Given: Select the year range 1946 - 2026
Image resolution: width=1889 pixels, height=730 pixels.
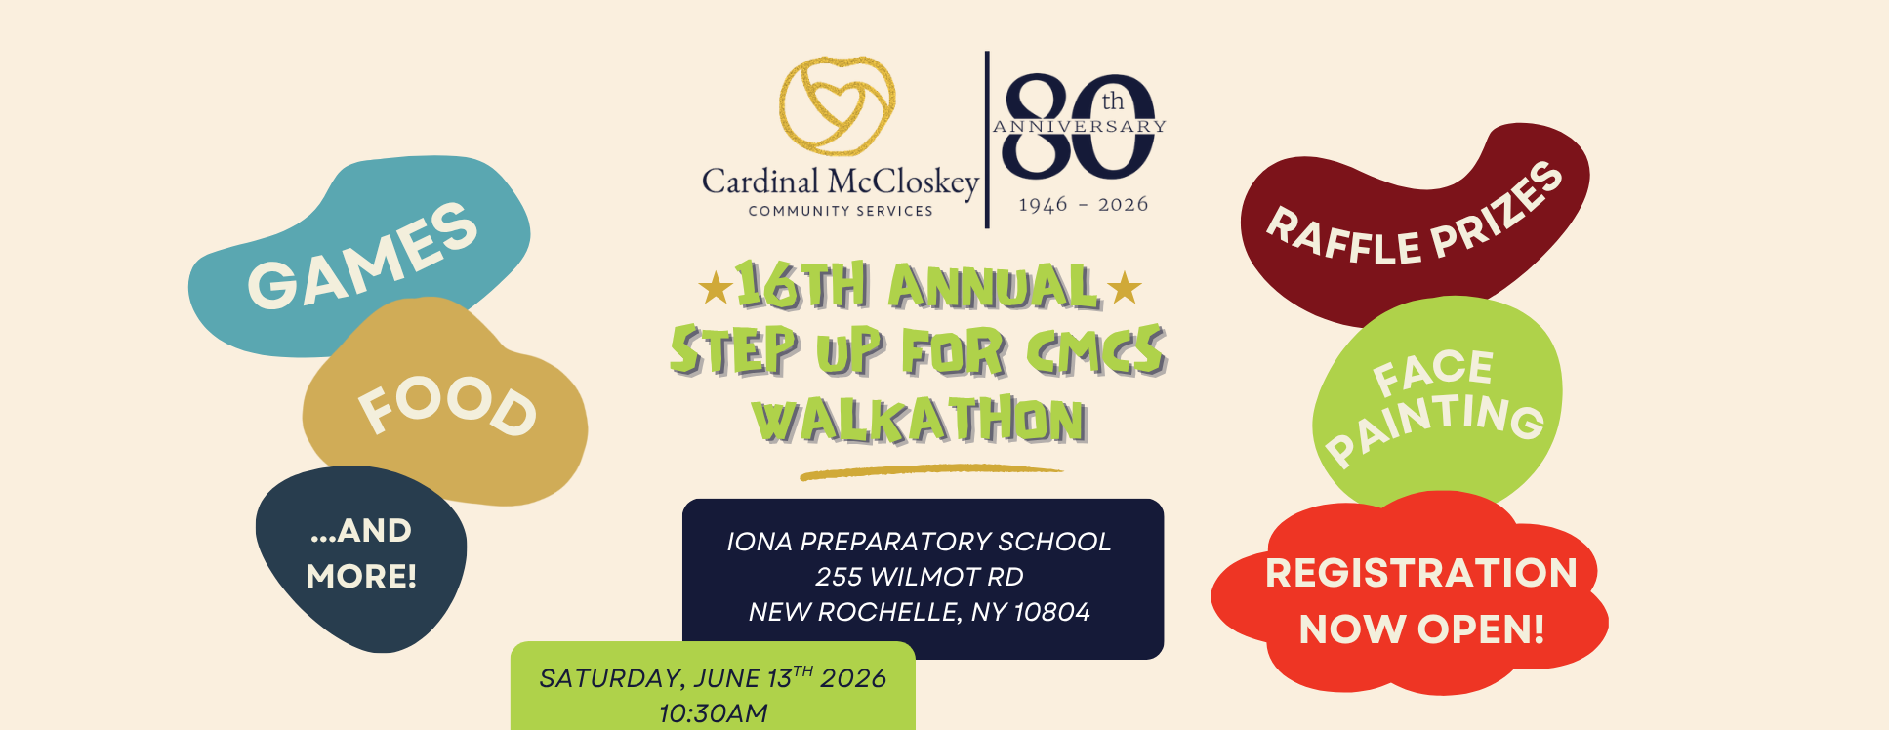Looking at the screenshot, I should point(1083,205).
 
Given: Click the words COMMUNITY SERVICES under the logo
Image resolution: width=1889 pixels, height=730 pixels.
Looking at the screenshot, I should point(841,211).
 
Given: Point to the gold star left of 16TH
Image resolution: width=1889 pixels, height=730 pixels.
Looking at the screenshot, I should point(716,288).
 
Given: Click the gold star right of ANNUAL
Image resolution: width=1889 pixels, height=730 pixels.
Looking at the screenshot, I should point(1125,288).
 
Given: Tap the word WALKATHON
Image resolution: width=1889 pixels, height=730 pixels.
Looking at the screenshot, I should point(919,421).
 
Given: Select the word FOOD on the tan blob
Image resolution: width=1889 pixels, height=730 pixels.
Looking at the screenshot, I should point(448,406).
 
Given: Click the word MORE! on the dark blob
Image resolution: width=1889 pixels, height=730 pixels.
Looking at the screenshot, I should point(361,576).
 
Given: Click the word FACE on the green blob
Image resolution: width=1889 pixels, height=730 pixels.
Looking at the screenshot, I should point(1432,371).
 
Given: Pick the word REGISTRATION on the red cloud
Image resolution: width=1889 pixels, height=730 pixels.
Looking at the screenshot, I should point(1420,573).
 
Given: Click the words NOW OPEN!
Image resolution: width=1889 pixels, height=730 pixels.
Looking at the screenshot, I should point(1421,629).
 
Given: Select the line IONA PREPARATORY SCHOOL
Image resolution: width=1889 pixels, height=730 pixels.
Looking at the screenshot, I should point(919,542).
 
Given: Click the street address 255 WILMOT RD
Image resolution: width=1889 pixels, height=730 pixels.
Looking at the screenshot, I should point(919,577).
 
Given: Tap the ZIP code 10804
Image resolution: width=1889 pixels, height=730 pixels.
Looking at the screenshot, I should point(1051,612).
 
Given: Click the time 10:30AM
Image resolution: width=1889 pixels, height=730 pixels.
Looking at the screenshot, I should point(713,713).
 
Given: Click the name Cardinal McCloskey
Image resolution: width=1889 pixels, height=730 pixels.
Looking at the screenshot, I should point(840,182).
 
